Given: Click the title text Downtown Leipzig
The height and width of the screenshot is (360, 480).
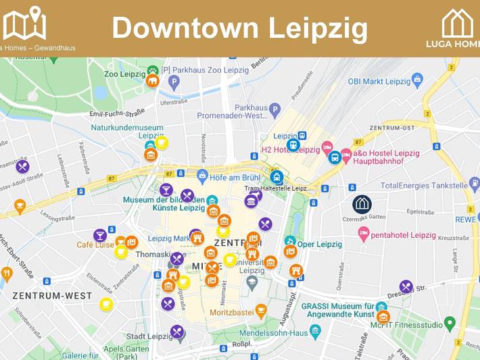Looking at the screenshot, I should coord(240,28).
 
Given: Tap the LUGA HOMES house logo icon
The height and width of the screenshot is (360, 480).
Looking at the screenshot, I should coord(458,24).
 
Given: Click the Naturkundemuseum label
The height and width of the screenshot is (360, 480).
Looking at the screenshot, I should coord(127,128).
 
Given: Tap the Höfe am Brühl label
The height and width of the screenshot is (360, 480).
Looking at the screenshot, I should coord(235,177).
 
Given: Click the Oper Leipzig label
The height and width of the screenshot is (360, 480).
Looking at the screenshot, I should coord(319,244).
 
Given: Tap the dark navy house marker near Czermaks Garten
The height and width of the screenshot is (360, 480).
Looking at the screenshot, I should coord(362,203).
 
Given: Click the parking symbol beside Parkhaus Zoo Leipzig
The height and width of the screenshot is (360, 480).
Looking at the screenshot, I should coord(174,82).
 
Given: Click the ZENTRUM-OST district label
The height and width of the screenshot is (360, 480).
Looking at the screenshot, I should coord(392,128).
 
